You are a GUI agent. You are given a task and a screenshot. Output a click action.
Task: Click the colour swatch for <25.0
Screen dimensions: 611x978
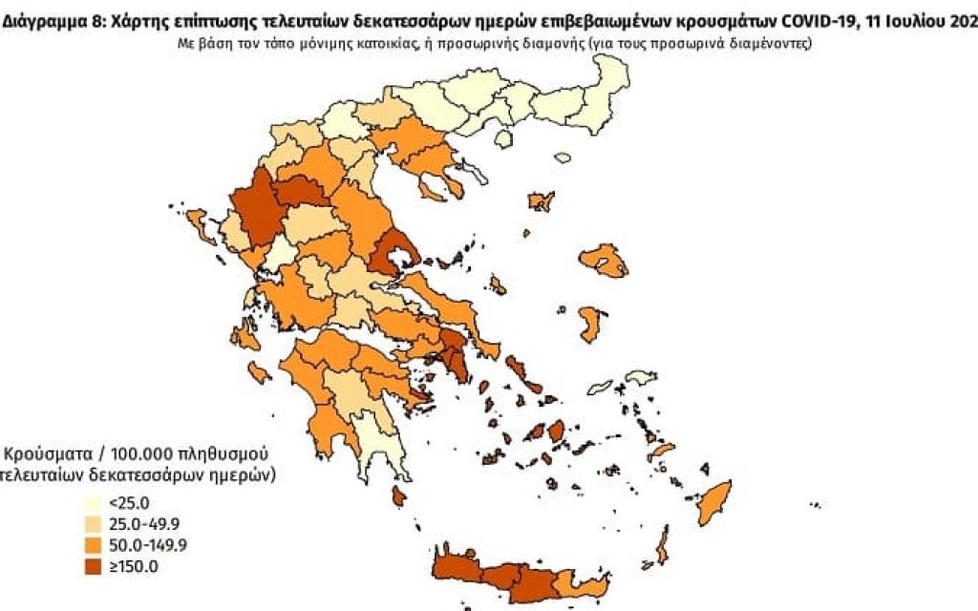click(96, 503)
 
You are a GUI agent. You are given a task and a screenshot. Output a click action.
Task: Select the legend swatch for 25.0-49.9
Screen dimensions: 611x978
click(96, 523)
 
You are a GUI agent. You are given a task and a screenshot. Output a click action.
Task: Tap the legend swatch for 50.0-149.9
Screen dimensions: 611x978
click(96, 545)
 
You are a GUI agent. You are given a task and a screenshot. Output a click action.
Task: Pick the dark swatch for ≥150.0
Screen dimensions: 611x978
click(96, 566)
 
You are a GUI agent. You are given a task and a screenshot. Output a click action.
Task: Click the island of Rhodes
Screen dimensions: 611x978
click(713, 504)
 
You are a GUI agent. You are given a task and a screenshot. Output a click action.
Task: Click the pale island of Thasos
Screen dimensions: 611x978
click(504, 139)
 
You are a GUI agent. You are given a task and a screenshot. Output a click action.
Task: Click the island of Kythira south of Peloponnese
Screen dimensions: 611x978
click(398, 495)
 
